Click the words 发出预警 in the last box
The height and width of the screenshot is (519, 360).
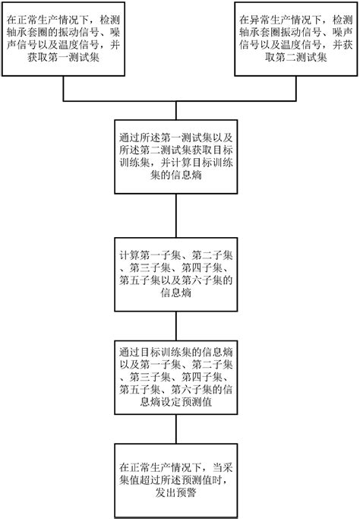179,492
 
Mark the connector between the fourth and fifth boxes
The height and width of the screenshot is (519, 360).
179,325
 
